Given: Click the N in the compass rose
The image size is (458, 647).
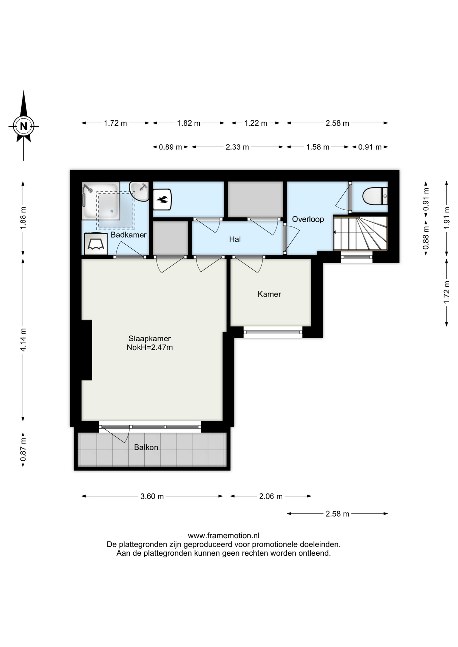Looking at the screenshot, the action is coord(24,126).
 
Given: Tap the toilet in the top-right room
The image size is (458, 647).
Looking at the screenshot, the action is coord(375,196).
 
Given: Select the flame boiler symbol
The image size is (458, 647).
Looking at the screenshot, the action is coord(162,199).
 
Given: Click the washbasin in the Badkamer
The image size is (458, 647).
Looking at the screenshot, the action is coord(139,191).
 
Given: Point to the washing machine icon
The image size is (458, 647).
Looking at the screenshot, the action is coord(96,244).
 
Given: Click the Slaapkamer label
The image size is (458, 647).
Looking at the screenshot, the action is coord(149,338).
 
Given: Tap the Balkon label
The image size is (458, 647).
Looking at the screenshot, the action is coord(146,447).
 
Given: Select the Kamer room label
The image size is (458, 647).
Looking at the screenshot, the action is coord(269,294).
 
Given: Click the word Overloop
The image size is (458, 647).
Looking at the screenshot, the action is coord(308,219).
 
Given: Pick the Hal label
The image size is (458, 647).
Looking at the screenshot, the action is coord(235,239).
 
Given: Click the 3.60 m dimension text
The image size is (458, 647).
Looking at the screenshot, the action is coord(152,496).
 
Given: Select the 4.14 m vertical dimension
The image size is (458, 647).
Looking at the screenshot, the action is coord(23,340).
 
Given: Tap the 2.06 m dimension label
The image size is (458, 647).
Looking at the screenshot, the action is coord(271,496).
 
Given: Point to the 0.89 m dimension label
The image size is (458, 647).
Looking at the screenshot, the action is coord(170,147).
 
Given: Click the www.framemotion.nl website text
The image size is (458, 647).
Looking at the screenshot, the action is coord(224,535).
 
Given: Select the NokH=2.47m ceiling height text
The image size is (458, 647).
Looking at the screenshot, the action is coord(150,347).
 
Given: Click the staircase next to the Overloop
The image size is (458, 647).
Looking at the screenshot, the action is coord(360,233).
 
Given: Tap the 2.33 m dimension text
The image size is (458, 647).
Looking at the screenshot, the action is coord(237,147).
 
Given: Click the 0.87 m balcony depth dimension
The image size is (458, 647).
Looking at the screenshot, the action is coord(23,450).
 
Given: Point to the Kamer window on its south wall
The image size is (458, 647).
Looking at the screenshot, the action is coord(273,332).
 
